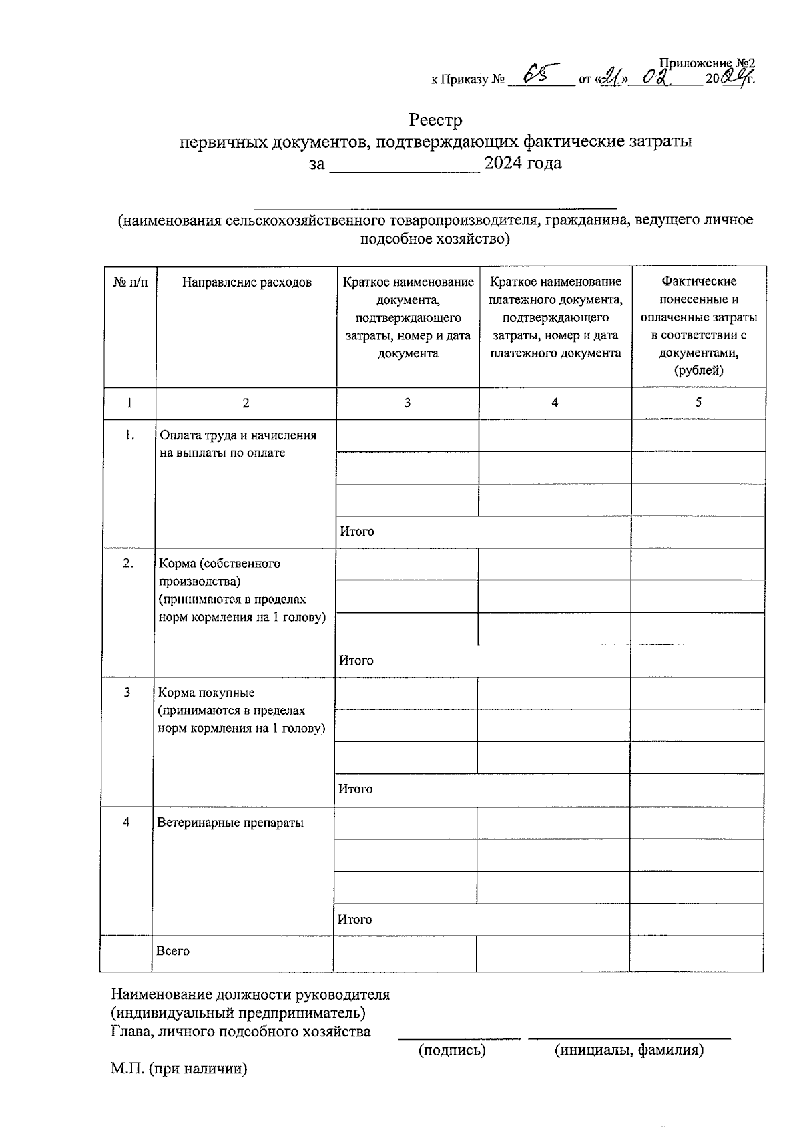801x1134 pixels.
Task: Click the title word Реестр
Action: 435,120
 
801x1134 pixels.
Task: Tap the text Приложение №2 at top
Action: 706,63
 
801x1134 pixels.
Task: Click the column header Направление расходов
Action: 246,282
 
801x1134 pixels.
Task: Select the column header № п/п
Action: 130,282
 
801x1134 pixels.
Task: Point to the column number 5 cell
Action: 698,402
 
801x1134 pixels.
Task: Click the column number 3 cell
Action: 407,403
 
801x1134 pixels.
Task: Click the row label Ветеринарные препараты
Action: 230,823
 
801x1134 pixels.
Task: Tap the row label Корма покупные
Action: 206,693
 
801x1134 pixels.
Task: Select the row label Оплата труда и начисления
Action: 238,435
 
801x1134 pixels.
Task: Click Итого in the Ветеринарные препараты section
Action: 354,920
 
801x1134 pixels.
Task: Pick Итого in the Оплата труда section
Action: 357,532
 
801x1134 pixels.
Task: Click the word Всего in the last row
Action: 173,951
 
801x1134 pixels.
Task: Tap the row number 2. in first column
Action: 128,564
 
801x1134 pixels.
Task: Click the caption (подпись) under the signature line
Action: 452,1050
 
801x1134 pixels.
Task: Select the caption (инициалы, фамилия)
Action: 629,1050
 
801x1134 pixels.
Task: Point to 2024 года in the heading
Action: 523,163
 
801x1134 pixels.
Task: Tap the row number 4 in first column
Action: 126,822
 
